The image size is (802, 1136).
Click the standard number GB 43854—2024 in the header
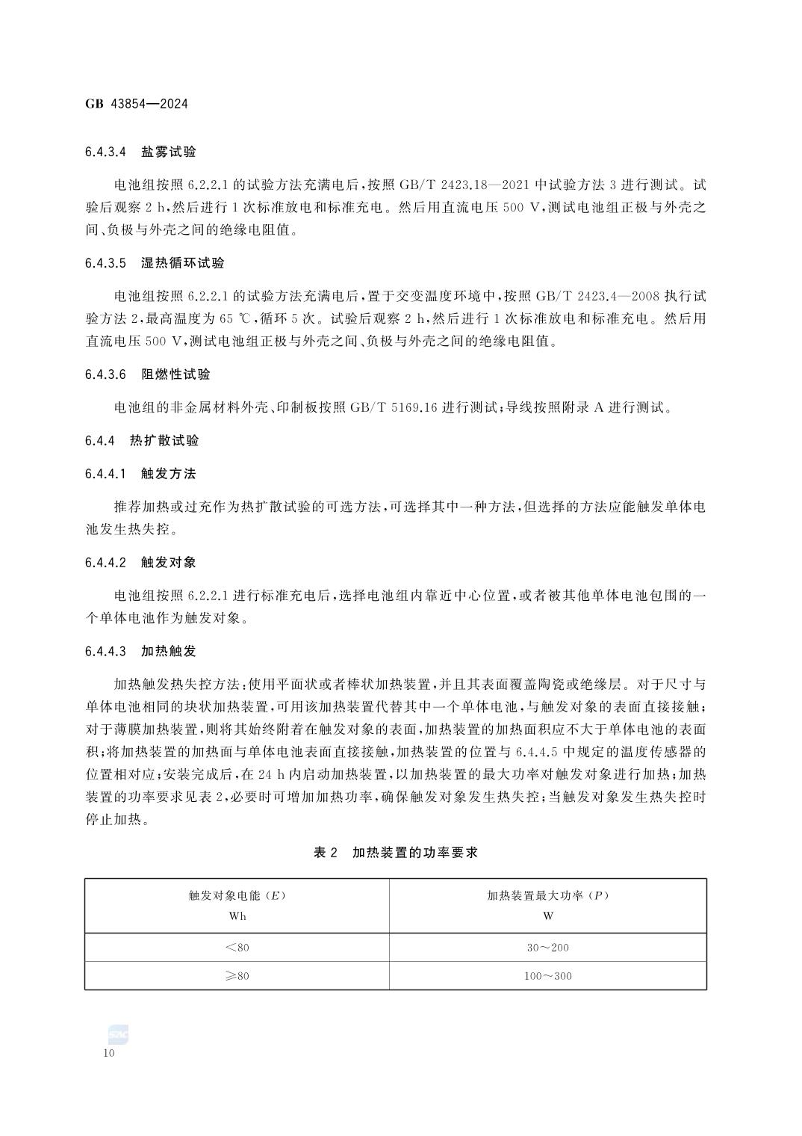[136, 104]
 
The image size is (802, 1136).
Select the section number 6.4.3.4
[107, 152]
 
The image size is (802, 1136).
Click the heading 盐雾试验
[169, 152]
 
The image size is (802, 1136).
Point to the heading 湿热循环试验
[183, 263]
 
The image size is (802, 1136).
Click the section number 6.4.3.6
[107, 374]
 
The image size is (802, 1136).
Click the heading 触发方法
[169, 474]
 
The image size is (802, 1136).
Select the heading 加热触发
[169, 652]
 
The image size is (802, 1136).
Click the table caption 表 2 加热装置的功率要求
[396, 853]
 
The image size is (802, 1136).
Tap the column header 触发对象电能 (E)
[237, 895]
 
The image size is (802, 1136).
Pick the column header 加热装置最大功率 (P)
[548, 895]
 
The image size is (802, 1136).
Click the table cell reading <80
[237, 948]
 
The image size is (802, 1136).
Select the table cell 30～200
[548, 948]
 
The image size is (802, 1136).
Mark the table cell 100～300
[548, 976]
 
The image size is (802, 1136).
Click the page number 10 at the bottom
[109, 1053]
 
